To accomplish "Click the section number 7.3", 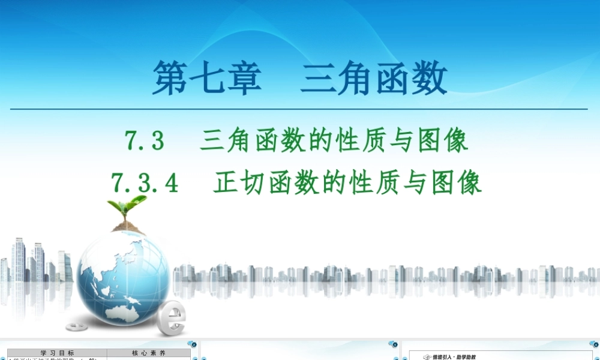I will (x=144, y=142).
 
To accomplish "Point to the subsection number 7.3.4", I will (x=145, y=182).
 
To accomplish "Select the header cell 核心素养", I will (x=148, y=353).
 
